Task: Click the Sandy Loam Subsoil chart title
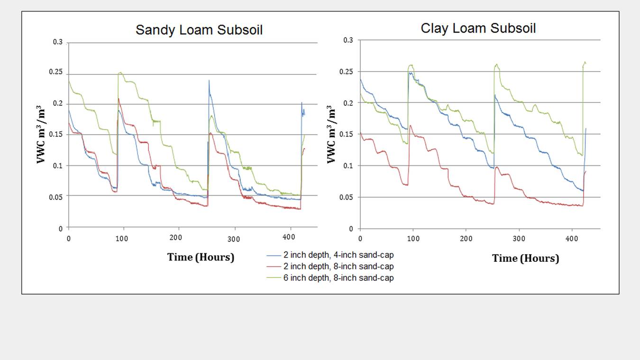coord(199,30)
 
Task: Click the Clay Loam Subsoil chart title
coord(478,28)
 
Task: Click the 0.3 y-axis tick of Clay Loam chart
coord(348,41)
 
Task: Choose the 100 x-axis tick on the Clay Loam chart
coord(413,238)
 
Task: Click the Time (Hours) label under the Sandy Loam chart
coord(201,257)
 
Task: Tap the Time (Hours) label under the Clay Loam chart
coord(525,258)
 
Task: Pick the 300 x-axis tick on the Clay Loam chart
coord(519,238)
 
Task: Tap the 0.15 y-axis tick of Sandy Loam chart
coord(56,135)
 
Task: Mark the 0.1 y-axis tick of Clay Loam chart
coord(348,166)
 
